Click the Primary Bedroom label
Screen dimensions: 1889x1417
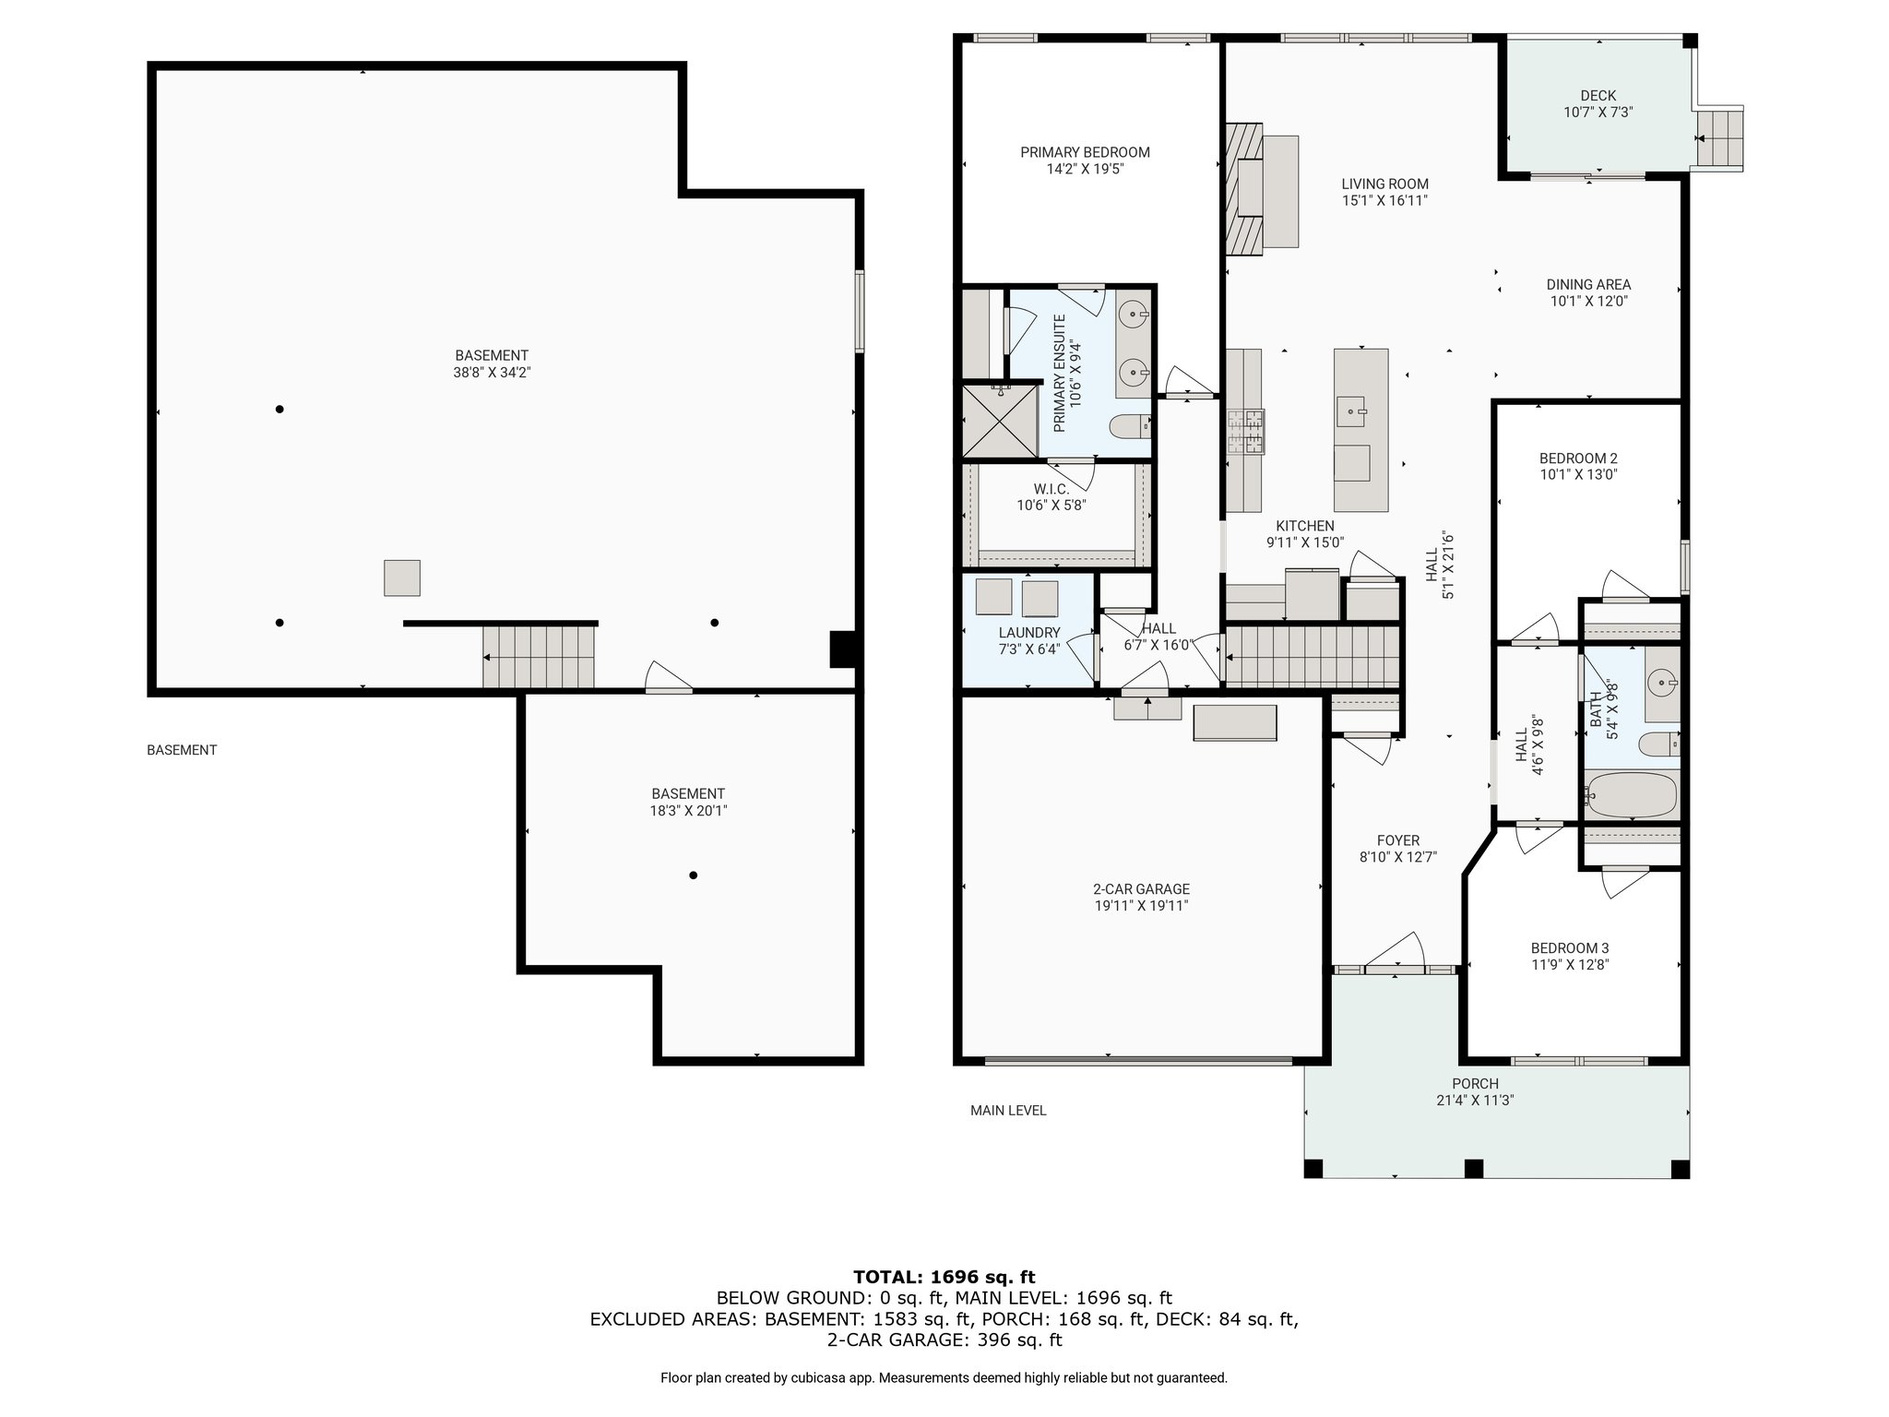[1085, 152]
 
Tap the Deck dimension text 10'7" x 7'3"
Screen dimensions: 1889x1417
[1598, 113]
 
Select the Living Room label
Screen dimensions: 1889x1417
[1384, 184]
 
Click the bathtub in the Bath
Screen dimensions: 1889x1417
[1631, 795]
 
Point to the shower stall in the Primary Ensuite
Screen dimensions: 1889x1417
[1000, 421]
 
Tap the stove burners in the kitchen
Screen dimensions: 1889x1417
[1245, 432]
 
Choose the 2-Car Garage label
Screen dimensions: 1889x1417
[1141, 889]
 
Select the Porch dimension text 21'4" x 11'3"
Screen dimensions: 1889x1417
[1475, 1100]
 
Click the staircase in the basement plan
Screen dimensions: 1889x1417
[539, 656]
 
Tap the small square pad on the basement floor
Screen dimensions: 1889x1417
[402, 578]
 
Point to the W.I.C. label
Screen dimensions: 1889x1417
[1051, 488]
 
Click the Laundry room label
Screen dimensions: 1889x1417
[1029, 633]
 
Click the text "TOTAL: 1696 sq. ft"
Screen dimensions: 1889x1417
[944, 1277]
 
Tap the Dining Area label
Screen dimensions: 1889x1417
[1588, 285]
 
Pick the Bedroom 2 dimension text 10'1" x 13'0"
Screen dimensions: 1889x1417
[1578, 475]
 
